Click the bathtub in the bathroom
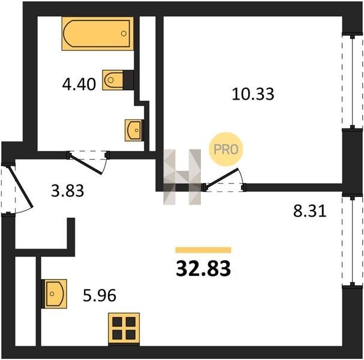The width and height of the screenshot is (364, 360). pos(98,34)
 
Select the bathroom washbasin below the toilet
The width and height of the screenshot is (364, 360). pos(134,130)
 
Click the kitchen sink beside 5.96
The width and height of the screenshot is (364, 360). pos(54,293)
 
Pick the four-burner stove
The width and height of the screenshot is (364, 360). pos(124,328)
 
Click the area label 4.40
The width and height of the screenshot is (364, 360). pos(79,84)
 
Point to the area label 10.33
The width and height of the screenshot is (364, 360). pos(253,94)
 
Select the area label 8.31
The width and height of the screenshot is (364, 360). pos(310,211)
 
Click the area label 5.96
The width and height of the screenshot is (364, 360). pos(100,295)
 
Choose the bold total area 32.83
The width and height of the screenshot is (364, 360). pos(203,268)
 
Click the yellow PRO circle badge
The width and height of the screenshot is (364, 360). pos(226,149)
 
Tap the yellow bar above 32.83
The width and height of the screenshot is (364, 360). pos(203,250)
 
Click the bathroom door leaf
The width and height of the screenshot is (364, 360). pos(85,164)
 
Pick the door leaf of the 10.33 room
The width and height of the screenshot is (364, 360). pos(222,177)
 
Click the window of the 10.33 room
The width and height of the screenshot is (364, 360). pos(353,82)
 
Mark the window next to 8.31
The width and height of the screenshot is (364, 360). pos(353,241)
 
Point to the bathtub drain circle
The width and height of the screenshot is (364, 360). pos(124,34)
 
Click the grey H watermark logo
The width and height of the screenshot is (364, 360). pos(182,177)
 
